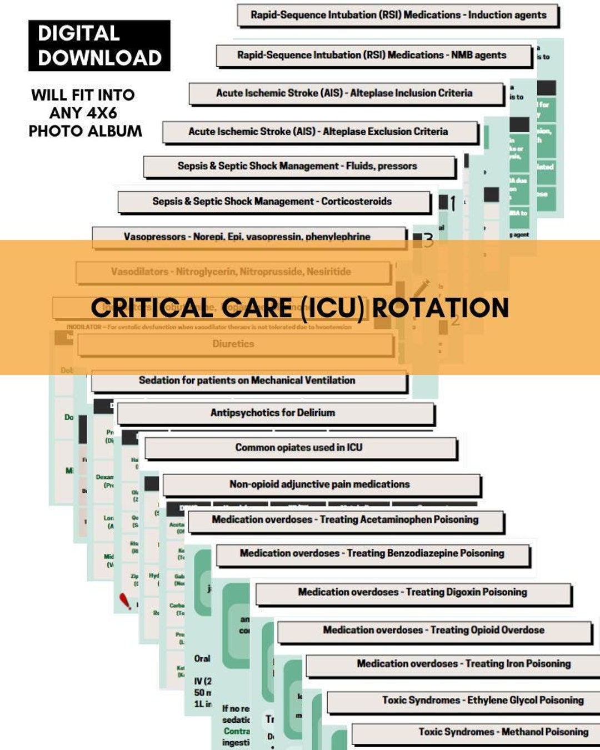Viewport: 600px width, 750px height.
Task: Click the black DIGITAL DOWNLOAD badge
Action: point(99,46)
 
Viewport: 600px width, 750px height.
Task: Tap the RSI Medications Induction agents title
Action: point(398,15)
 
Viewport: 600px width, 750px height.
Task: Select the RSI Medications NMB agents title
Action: point(372,55)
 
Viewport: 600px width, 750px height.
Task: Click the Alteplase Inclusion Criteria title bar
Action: point(344,93)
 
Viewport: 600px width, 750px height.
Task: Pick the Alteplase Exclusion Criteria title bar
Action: point(318,132)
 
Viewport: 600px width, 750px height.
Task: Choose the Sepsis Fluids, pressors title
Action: point(297,166)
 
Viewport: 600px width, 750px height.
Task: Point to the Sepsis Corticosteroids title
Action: point(272,202)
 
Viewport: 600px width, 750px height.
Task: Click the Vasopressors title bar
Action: point(247,236)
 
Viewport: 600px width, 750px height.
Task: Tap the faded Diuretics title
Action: point(233,344)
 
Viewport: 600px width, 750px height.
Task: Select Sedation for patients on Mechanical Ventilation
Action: point(247,381)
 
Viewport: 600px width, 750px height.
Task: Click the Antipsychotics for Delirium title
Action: point(273,413)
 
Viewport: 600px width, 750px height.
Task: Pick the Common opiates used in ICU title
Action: point(299,448)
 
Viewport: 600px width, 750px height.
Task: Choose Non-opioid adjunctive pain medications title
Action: point(319,484)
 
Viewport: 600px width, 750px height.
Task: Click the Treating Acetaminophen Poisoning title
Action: point(345,520)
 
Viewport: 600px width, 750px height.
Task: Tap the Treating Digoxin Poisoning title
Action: point(412,592)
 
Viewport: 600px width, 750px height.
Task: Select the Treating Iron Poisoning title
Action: point(464,664)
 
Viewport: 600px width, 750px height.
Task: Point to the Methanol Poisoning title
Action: point(503,732)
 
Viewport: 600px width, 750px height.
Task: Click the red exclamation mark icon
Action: point(126,601)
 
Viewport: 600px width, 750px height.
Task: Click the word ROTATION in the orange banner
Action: point(440,308)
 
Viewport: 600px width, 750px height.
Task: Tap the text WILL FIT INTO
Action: point(83,95)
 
